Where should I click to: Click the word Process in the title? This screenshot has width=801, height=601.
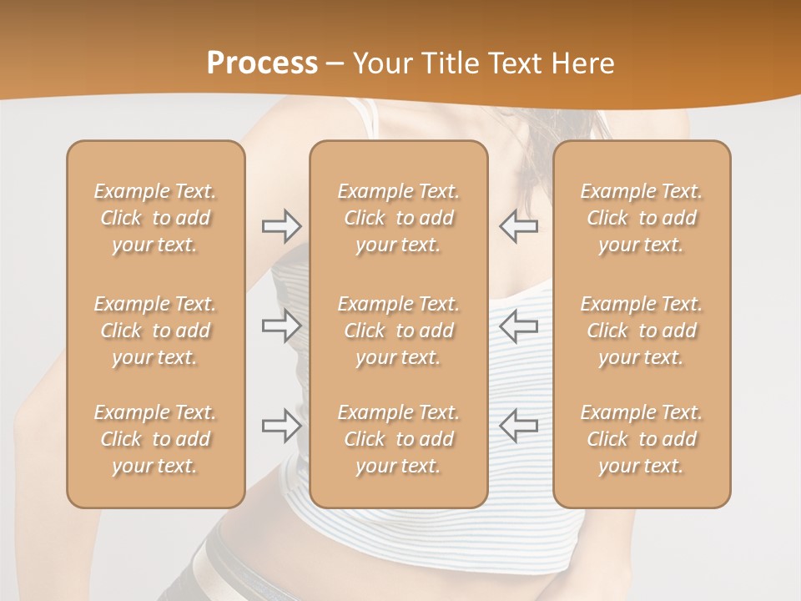pos(262,63)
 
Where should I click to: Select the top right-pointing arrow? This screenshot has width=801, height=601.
pos(281,226)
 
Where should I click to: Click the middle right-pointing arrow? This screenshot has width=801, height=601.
pos(281,326)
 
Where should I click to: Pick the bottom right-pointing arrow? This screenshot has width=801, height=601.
pos(281,426)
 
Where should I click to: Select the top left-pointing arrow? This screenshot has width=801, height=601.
pos(519,226)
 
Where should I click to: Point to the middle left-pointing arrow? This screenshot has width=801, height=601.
pos(519,326)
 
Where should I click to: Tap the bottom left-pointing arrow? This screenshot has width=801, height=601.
pos(519,426)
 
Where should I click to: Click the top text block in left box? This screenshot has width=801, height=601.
pos(155,218)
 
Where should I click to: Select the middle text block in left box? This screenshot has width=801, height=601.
pos(155,331)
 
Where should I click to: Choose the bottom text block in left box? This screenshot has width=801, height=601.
pos(155,439)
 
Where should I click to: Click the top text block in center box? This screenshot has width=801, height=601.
pos(398,218)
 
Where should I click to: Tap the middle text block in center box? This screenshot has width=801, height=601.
pos(398,331)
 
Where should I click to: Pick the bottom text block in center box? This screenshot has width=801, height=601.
pos(398,439)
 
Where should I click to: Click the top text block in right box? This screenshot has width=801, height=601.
pos(641,218)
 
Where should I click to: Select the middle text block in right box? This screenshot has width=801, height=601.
pos(641,331)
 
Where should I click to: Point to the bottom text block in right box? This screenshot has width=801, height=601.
pos(641,439)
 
